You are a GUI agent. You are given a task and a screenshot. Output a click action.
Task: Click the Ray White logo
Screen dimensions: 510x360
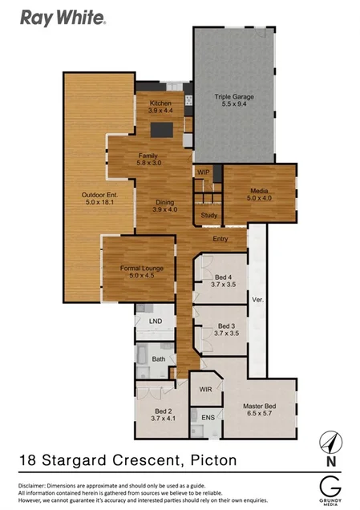point(63,16)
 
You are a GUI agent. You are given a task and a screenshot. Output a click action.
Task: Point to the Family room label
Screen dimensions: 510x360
point(148,158)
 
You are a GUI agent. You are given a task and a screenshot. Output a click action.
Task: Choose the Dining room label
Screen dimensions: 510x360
point(164,205)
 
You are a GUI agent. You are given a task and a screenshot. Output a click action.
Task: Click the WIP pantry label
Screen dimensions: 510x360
point(203,172)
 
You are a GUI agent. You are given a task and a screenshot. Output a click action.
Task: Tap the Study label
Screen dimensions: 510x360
point(208,215)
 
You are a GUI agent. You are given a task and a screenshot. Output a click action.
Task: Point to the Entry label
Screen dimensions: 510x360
point(222,239)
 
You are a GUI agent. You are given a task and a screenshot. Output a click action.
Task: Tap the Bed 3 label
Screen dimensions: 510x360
point(225,329)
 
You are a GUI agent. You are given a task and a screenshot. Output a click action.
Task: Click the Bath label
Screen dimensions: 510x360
point(159,358)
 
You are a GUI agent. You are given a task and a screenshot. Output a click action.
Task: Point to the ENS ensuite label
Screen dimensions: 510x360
point(208,418)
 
